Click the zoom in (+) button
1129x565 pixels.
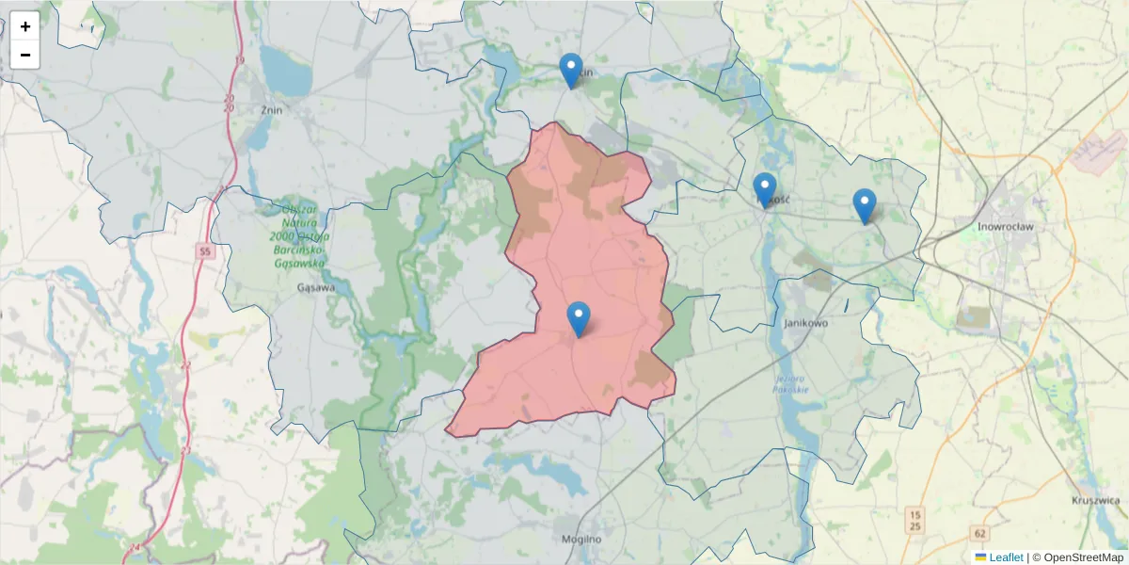click(25, 26)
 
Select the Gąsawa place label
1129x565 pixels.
click(315, 288)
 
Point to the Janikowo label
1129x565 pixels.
click(804, 323)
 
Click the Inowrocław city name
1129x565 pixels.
click(1006, 227)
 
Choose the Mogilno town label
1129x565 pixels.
click(580, 540)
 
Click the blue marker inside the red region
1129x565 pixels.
click(579, 318)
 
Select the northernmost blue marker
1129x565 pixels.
click(570, 70)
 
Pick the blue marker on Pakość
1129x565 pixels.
click(764, 189)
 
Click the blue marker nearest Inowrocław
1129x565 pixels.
click(864, 205)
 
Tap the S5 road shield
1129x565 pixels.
click(205, 250)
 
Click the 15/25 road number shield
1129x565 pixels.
click(914, 520)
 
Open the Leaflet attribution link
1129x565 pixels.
click(1005, 557)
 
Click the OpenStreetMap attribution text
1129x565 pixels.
click(1083, 557)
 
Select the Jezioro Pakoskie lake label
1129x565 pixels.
click(787, 385)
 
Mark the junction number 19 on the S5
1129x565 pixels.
click(240, 61)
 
